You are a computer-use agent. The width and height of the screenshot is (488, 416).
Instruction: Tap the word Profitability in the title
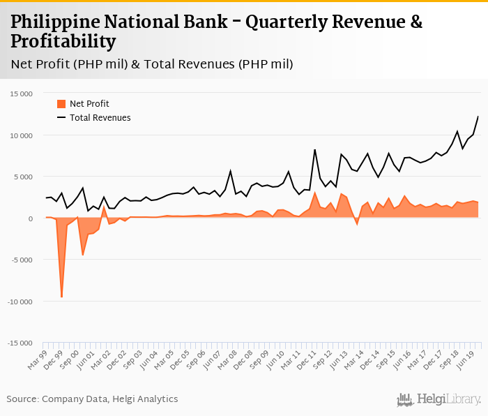point(63,43)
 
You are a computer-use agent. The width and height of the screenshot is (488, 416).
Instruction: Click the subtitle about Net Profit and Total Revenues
point(152,64)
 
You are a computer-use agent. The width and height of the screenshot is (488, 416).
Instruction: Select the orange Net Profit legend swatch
point(61,104)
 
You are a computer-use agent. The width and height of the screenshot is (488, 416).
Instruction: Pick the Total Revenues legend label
point(100,118)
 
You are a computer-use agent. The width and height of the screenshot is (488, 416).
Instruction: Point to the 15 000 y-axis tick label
point(21,94)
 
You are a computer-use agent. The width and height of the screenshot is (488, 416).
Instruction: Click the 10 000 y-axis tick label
point(21,135)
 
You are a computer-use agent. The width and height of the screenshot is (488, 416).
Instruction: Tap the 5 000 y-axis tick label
point(23,177)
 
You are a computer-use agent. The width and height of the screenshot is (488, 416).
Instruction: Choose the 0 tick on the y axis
point(31,218)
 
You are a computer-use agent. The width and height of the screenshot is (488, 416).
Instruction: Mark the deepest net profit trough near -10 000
point(61,297)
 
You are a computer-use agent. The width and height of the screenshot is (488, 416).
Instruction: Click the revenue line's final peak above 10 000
point(478,117)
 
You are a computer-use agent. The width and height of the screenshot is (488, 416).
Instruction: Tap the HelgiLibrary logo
point(439,400)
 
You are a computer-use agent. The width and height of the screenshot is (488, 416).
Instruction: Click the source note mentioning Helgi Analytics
point(92,399)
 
